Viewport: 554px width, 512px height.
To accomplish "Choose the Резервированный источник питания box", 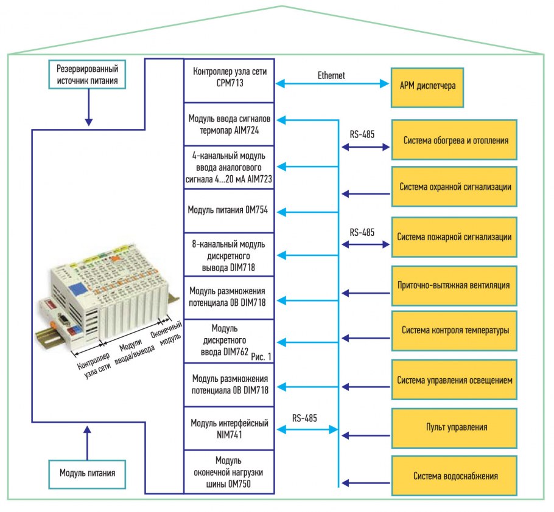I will tap(87, 74).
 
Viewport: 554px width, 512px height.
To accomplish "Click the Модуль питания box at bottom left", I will tap(87, 472).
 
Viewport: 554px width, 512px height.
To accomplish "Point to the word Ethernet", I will tap(331, 75).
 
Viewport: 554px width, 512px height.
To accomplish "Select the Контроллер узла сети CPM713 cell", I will tap(229, 80).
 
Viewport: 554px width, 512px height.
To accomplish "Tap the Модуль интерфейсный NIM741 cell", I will tap(229, 428).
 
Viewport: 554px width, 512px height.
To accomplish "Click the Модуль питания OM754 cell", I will tap(229, 211).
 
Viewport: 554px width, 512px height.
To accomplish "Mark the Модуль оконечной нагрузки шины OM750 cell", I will tap(229, 472).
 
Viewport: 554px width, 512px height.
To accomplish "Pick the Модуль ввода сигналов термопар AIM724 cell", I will tap(229, 123).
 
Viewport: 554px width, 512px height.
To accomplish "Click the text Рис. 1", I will tap(261, 356).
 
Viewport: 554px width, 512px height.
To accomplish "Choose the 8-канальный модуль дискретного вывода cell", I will tap(229, 254).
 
